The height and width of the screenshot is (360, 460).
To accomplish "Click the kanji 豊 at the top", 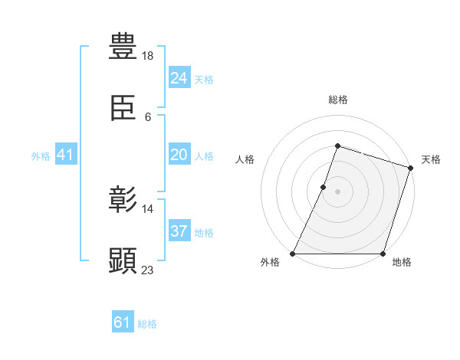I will (123, 46).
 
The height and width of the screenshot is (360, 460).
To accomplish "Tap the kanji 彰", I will (123, 201).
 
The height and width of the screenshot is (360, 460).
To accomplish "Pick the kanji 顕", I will (123, 261).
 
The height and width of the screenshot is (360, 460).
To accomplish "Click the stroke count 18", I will (148, 56).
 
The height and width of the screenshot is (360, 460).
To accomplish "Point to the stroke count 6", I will (148, 116).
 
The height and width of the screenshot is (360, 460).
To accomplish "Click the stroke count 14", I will (148, 208).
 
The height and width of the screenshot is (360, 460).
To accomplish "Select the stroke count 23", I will (148, 269).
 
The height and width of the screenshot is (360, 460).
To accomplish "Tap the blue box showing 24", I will (179, 77).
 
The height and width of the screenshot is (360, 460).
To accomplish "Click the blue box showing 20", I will (179, 155).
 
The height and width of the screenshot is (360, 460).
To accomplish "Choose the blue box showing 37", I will (179, 231).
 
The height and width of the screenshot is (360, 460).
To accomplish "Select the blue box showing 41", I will (65, 155).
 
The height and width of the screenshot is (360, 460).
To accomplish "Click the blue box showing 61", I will (122, 322).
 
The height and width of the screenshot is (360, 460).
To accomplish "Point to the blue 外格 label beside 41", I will (41, 155).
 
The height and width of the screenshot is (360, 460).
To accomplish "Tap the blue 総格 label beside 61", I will (147, 324).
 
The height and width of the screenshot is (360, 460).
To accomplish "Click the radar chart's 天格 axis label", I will (431, 159).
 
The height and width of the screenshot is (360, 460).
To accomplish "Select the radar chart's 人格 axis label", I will (245, 159).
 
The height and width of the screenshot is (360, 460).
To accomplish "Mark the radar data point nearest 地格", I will (383, 254).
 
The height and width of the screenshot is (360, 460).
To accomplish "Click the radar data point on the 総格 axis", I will (337, 146).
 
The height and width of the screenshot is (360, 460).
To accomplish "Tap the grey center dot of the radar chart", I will (337, 191).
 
